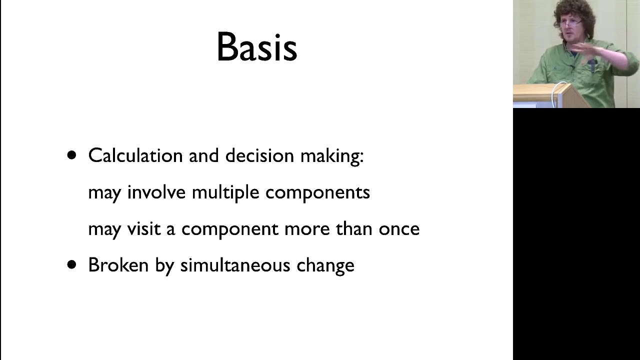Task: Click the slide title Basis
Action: (256, 47)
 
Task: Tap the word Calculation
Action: (135, 155)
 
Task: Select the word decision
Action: (259, 155)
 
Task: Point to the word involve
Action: (156, 192)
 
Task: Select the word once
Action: (398, 229)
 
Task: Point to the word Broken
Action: (118, 265)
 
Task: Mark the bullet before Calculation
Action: (72, 155)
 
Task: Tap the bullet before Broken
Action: (72, 264)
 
